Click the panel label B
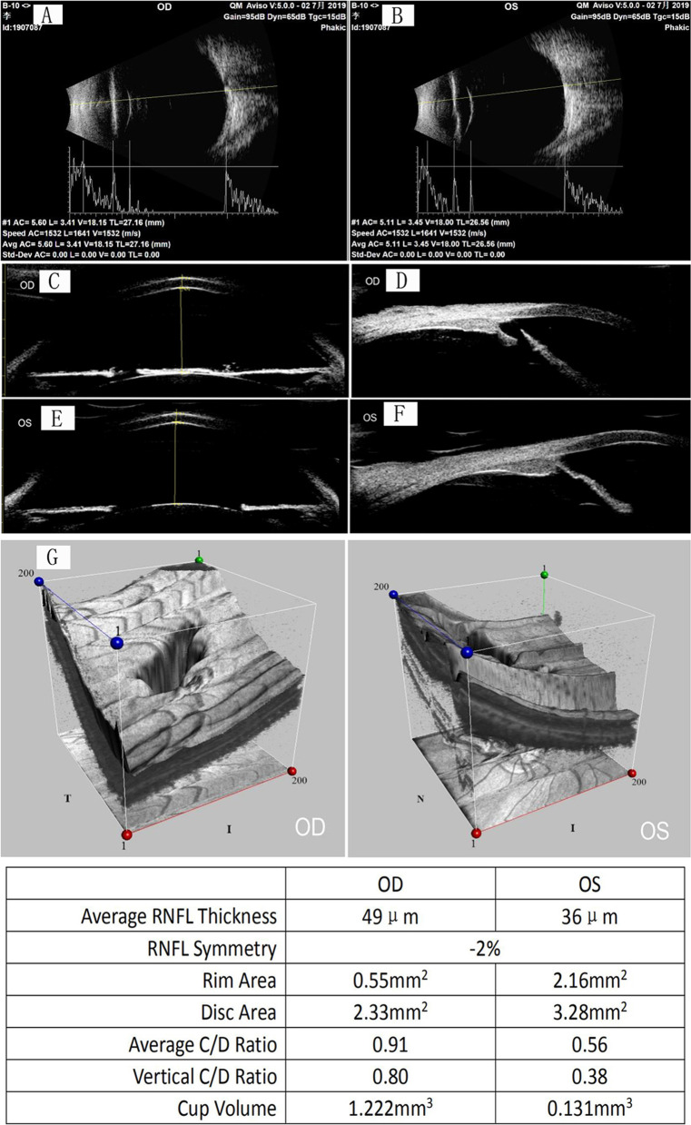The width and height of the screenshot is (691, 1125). point(396,15)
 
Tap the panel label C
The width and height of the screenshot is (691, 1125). point(54,281)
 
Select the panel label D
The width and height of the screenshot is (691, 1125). point(396,280)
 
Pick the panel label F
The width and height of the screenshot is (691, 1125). point(396,419)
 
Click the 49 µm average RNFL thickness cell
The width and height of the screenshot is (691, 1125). point(390,916)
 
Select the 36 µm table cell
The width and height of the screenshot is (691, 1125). point(587,916)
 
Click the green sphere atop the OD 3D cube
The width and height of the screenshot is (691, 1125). point(199,555)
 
